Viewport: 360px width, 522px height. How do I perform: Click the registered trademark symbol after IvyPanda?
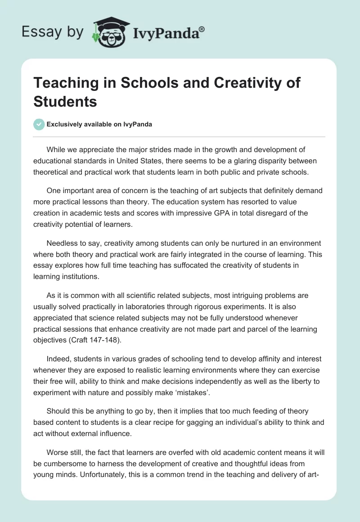pyautogui.click(x=202, y=29)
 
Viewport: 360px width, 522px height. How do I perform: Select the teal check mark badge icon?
pyautogui.click(x=39, y=124)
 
